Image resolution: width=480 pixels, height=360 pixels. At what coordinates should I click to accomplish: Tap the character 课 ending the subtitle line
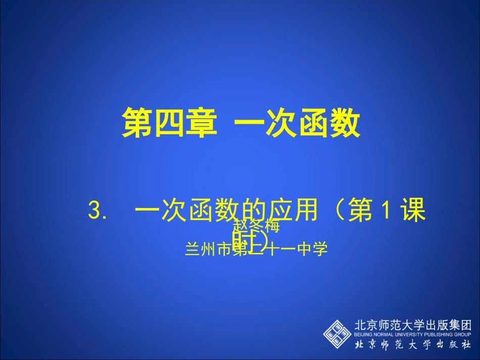[412, 211]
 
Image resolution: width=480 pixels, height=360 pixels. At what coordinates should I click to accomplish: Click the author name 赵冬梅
[256, 227]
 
